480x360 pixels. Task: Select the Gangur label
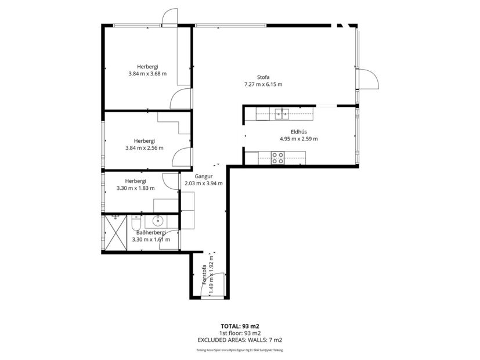203,176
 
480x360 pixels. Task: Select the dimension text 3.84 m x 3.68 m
147,74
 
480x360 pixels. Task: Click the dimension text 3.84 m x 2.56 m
144,148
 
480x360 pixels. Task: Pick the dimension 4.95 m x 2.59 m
298,139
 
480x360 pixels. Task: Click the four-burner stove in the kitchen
278,157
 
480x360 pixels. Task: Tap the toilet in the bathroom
135,222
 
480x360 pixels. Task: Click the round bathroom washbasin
157,221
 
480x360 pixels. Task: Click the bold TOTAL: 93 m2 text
240,326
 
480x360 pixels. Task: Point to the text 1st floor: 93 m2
240,333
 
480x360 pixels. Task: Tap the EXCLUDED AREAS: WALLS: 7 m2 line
240,340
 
